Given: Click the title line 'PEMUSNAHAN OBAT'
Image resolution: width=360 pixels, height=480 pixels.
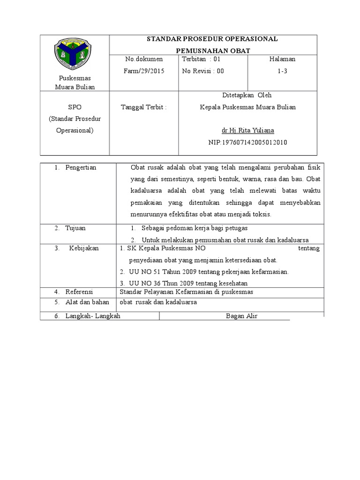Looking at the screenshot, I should tap(213, 50).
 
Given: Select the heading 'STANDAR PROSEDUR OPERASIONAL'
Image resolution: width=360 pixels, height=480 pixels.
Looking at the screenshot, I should tap(213, 38).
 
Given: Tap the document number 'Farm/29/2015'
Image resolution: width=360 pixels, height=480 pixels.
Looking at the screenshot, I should tap(142, 71).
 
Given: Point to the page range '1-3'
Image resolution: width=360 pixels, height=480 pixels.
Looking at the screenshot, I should tap(282, 71).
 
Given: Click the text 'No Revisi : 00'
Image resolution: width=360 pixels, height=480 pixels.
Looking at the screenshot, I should tap(203, 71).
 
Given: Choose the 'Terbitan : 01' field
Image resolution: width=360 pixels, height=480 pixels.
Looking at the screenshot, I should tap(201, 60).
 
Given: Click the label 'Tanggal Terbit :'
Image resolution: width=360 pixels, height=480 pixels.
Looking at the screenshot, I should tap(144, 107).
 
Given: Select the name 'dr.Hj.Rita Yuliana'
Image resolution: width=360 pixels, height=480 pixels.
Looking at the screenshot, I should tap(248, 130).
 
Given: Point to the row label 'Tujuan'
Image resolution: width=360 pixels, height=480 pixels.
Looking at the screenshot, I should tap(75, 228).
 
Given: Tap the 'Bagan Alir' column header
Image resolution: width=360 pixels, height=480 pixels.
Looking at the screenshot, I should tap(241, 316).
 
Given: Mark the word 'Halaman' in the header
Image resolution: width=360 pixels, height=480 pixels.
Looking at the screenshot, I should tap(282, 60).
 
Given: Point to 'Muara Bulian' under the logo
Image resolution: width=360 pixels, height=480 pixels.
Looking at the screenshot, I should tap(75, 87).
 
